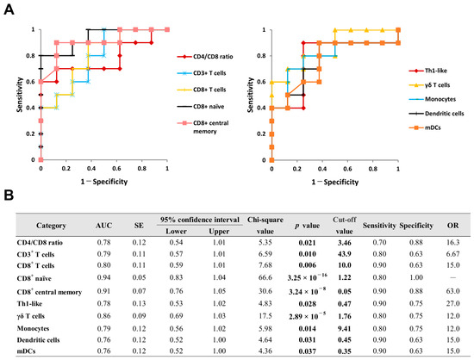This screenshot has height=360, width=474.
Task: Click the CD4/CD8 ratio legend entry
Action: pyautogui.click(x=205, y=57)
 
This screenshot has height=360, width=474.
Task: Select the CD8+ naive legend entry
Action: pyautogui.click(x=201, y=106)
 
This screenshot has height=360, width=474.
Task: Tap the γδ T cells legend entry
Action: pyautogui.click(x=429, y=85)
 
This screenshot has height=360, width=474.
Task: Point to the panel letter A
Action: pyautogui.click(x=9, y=10)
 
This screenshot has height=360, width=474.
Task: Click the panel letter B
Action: pyautogui.click(x=9, y=196)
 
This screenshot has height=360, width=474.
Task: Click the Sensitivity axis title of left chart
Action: pyautogui.click(x=20, y=95)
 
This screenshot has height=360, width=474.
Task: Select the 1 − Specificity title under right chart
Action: pyautogui.click(x=335, y=182)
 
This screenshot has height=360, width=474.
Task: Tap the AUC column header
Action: pyautogui.click(x=103, y=226)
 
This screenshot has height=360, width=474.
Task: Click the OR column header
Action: pyautogui.click(x=452, y=226)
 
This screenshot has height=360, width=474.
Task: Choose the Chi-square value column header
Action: pyautogui.click(x=265, y=226)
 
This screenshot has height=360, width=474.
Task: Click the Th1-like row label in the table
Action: pyautogui.click(x=29, y=303)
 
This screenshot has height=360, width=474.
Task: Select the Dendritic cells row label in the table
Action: pyautogui.click(x=39, y=340)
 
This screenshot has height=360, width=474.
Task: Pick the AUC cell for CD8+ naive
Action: pyautogui.click(x=103, y=277)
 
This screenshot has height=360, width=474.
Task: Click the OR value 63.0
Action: pyautogui.click(x=452, y=291)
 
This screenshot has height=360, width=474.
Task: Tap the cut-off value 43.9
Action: pyautogui.click(x=345, y=254)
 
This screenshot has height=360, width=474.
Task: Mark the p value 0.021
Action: pyautogui.click(x=308, y=243)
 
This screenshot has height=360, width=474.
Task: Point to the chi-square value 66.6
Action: pyautogui.click(x=265, y=277)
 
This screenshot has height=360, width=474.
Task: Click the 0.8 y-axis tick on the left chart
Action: pyautogui.click(x=31, y=56)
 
